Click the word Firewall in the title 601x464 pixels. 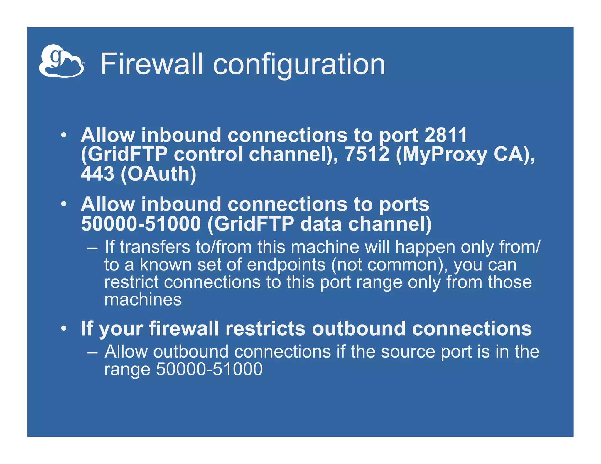[x=151, y=64]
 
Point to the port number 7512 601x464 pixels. [x=367, y=154]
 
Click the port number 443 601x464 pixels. [x=97, y=174]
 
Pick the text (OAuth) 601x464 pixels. [x=158, y=174]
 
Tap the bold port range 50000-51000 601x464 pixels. [x=141, y=224]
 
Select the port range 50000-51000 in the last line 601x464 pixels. [x=209, y=369]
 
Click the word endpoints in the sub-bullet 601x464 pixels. [x=286, y=265]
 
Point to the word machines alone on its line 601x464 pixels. [x=143, y=300]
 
